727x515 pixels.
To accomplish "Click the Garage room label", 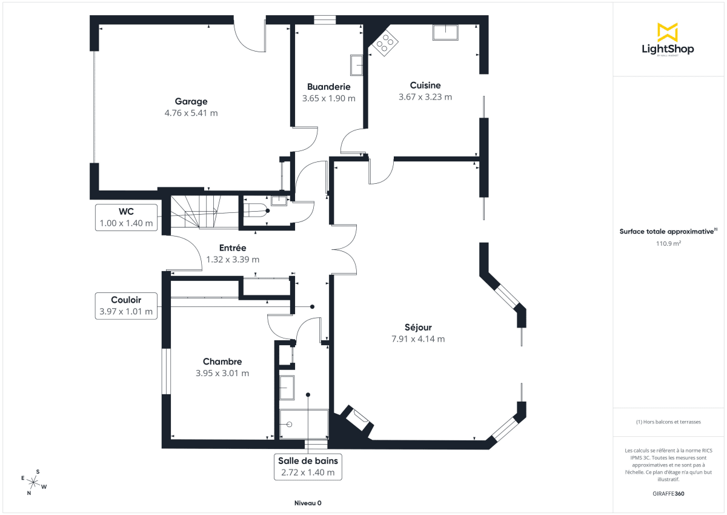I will [191, 101].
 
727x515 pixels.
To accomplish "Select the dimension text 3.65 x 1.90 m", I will [328, 98].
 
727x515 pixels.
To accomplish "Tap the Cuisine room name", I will [425, 86].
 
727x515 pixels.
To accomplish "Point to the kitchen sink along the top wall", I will [446, 32].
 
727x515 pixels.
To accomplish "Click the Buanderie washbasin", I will [356, 65].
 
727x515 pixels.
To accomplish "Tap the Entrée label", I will [233, 248].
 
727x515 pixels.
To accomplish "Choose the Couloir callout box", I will [127, 306].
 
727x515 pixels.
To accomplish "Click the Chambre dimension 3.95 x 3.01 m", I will [222, 373].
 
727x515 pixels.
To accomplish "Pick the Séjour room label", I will [418, 328].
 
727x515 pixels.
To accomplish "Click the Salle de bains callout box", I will [308, 466].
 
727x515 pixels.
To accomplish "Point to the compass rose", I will [35, 483].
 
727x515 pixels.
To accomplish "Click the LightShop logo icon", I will [667, 32].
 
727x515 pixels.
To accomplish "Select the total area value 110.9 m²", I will [668, 243].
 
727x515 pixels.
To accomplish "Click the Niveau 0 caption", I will [308, 503].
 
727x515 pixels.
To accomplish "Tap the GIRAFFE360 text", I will [668, 494].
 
